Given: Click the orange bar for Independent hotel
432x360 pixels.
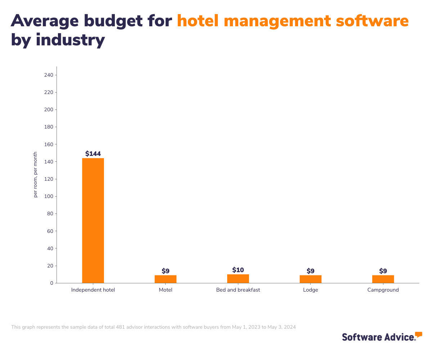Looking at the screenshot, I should (93, 220).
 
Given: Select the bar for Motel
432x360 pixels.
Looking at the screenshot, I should (166, 279).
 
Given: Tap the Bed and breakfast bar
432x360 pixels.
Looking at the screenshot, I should (238, 279).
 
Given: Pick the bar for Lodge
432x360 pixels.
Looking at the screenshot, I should (310, 279).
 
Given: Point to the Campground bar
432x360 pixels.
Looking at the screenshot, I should (383, 279).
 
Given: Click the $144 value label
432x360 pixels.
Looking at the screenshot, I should (93, 154).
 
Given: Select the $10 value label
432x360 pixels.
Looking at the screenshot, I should (238, 270).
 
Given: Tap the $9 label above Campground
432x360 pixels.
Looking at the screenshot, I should (383, 271).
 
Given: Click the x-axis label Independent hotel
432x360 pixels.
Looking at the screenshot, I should (93, 290).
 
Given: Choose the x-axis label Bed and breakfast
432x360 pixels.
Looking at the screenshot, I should (238, 290).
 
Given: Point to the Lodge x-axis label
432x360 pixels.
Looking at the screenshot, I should (310, 290).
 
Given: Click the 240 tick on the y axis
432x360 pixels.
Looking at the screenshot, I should (49, 75).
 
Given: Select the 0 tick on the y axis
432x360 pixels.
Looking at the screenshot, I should (51, 283).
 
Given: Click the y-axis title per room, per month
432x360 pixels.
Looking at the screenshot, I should (35, 175).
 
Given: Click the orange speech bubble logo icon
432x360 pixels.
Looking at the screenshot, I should (418, 335).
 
